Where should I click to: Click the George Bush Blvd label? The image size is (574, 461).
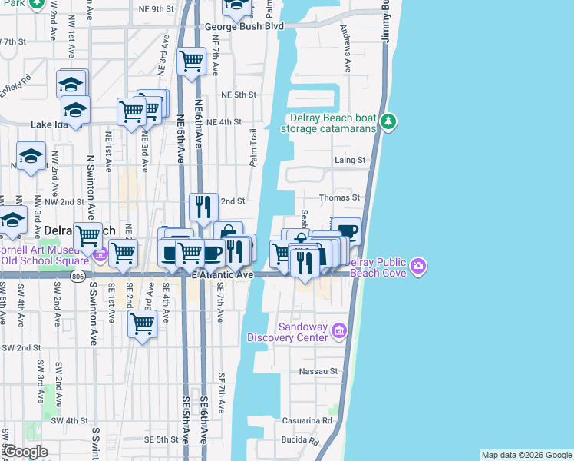244,26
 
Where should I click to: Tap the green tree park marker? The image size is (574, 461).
389,121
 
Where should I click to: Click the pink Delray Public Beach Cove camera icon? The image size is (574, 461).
418,267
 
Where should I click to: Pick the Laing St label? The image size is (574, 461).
349,160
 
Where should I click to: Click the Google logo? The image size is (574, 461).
25,452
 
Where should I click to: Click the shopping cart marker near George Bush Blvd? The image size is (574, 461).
191,61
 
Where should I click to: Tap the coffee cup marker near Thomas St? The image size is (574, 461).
346,230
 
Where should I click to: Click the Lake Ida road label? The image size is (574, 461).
51,124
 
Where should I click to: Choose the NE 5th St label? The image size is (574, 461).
237,95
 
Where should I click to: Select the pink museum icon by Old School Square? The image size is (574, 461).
99,254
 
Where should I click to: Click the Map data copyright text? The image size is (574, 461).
526,455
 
